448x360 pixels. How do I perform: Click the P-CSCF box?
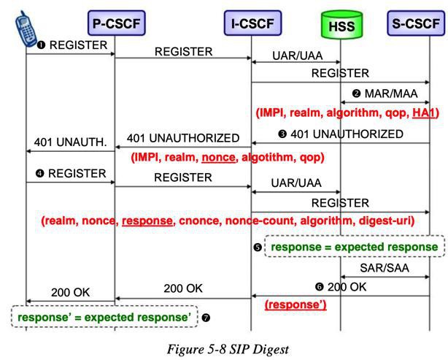(x=117, y=23)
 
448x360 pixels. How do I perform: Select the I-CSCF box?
(x=253, y=23)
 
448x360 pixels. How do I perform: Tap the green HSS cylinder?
(x=341, y=25)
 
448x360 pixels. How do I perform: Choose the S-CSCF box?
(x=416, y=23)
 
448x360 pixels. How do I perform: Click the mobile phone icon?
(x=26, y=28)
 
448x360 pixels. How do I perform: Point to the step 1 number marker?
(x=42, y=45)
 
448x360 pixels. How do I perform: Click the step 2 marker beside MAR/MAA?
(x=356, y=93)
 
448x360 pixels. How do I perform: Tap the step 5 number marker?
(x=258, y=247)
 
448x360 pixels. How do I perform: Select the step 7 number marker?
(x=206, y=318)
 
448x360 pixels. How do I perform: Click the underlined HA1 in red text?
(x=424, y=113)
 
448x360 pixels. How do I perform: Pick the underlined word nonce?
(x=219, y=157)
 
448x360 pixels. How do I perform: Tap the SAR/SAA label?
(x=385, y=268)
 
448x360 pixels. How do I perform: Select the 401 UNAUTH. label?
(x=70, y=142)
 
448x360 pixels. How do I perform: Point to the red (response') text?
(x=296, y=305)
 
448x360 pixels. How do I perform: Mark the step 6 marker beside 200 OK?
(x=319, y=287)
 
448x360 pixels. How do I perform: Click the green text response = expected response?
(x=355, y=247)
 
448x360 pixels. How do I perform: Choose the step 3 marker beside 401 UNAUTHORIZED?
(x=282, y=134)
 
